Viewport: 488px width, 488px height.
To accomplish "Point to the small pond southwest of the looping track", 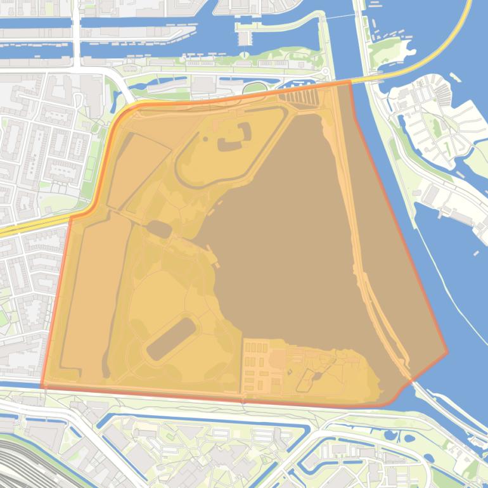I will click(158, 229).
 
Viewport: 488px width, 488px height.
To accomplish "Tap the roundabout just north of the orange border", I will click(324, 71).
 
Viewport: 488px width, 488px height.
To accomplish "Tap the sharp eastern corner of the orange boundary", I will click(447, 352).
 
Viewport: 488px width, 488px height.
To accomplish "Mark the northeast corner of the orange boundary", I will click(350, 82).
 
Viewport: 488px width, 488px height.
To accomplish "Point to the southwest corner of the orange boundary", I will click(42, 385).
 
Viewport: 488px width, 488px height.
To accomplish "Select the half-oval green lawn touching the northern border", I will click(254, 87).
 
